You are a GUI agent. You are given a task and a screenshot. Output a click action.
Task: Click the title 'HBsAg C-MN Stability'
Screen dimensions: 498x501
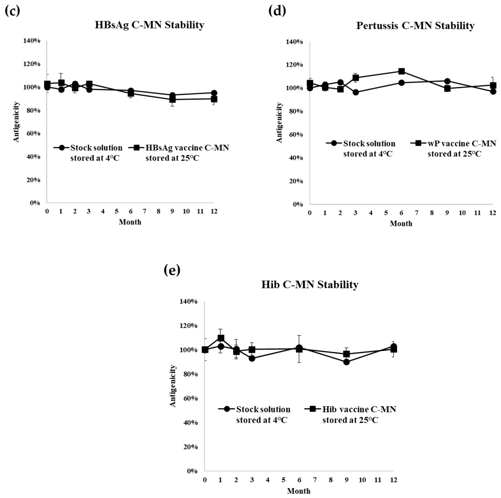149,25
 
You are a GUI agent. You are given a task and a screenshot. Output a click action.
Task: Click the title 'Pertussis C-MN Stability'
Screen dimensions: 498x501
415,26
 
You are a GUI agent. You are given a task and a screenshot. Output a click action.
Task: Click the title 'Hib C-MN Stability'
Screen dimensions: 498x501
310,284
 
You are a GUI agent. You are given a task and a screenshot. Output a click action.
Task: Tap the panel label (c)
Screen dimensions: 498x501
12,11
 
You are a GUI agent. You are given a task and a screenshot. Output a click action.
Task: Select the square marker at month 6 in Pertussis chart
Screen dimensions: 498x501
401,71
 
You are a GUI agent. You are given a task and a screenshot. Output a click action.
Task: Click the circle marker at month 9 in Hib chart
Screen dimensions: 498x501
346,362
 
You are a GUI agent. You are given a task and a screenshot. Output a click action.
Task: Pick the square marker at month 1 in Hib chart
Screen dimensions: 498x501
221,338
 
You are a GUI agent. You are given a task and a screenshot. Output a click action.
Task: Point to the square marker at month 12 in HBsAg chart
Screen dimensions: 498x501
214,99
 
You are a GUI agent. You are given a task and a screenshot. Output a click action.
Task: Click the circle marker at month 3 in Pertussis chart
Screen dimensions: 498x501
356,92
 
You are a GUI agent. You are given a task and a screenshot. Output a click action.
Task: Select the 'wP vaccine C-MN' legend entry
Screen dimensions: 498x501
461,149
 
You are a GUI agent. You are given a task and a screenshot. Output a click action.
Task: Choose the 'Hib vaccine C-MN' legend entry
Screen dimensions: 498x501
359,414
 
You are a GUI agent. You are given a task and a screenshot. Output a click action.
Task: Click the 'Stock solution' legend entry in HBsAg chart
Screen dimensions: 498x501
96,153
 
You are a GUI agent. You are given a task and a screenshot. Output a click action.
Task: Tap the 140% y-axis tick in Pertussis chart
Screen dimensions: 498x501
294,42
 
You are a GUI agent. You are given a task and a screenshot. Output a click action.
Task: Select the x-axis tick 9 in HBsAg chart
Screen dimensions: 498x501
172,211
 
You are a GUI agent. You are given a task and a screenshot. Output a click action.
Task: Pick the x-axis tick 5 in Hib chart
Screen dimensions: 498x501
283,480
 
